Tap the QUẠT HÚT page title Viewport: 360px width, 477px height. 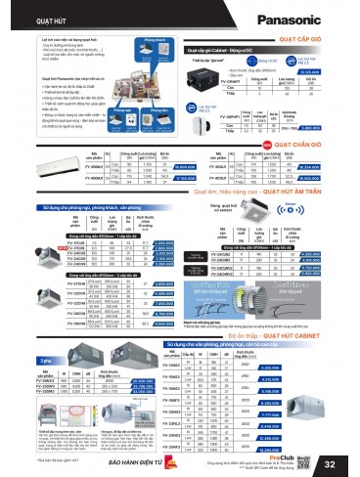pyautogui.click(x=26, y=14)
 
